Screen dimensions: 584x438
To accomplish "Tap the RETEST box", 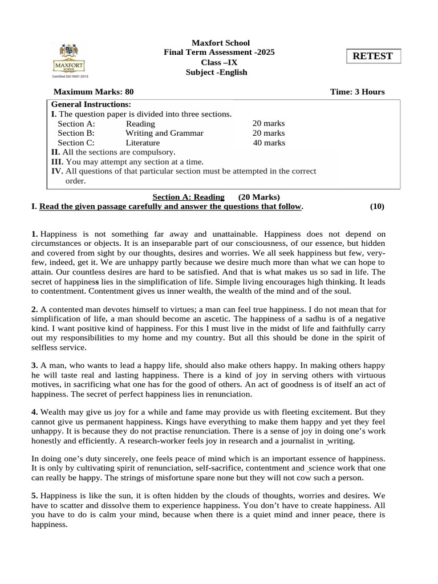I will [x=374, y=56].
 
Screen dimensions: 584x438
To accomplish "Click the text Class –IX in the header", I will [x=220, y=62].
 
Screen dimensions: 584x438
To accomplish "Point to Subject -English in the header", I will [x=217, y=72].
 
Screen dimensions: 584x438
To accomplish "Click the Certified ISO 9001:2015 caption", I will [x=70, y=76].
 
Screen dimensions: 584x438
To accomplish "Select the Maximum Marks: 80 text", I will [x=94, y=92].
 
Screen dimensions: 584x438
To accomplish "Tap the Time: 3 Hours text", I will [x=357, y=92].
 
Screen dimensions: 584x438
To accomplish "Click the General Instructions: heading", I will [x=91, y=104].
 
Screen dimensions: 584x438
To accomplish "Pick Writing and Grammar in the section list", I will [x=164, y=133].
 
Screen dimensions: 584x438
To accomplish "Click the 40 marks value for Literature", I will [x=269, y=143].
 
